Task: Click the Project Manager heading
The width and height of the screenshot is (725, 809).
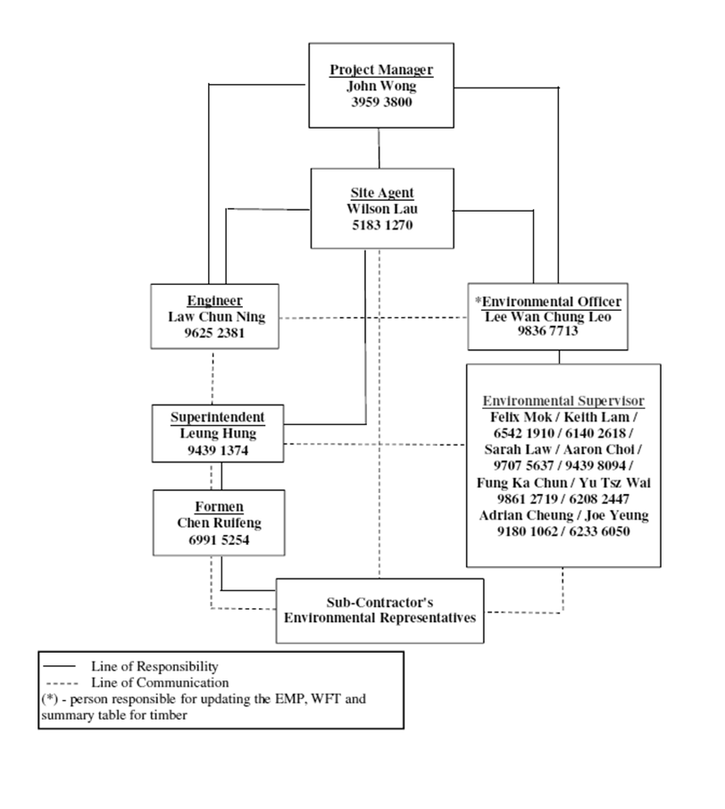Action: pos(380,70)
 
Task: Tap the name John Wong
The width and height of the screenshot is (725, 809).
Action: pos(380,86)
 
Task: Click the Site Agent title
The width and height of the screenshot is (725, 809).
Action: pos(381,193)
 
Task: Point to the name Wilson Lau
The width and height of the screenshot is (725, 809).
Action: pos(381,209)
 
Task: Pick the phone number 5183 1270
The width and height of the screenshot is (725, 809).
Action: pos(381,225)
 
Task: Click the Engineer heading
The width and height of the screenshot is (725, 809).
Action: pos(214,301)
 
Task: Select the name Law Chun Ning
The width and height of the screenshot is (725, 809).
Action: pos(214,317)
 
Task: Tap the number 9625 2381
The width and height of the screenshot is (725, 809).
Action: pos(214,333)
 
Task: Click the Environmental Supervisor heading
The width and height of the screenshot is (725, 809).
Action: pos(563,400)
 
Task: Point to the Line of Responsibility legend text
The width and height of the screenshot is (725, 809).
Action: pos(154,666)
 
